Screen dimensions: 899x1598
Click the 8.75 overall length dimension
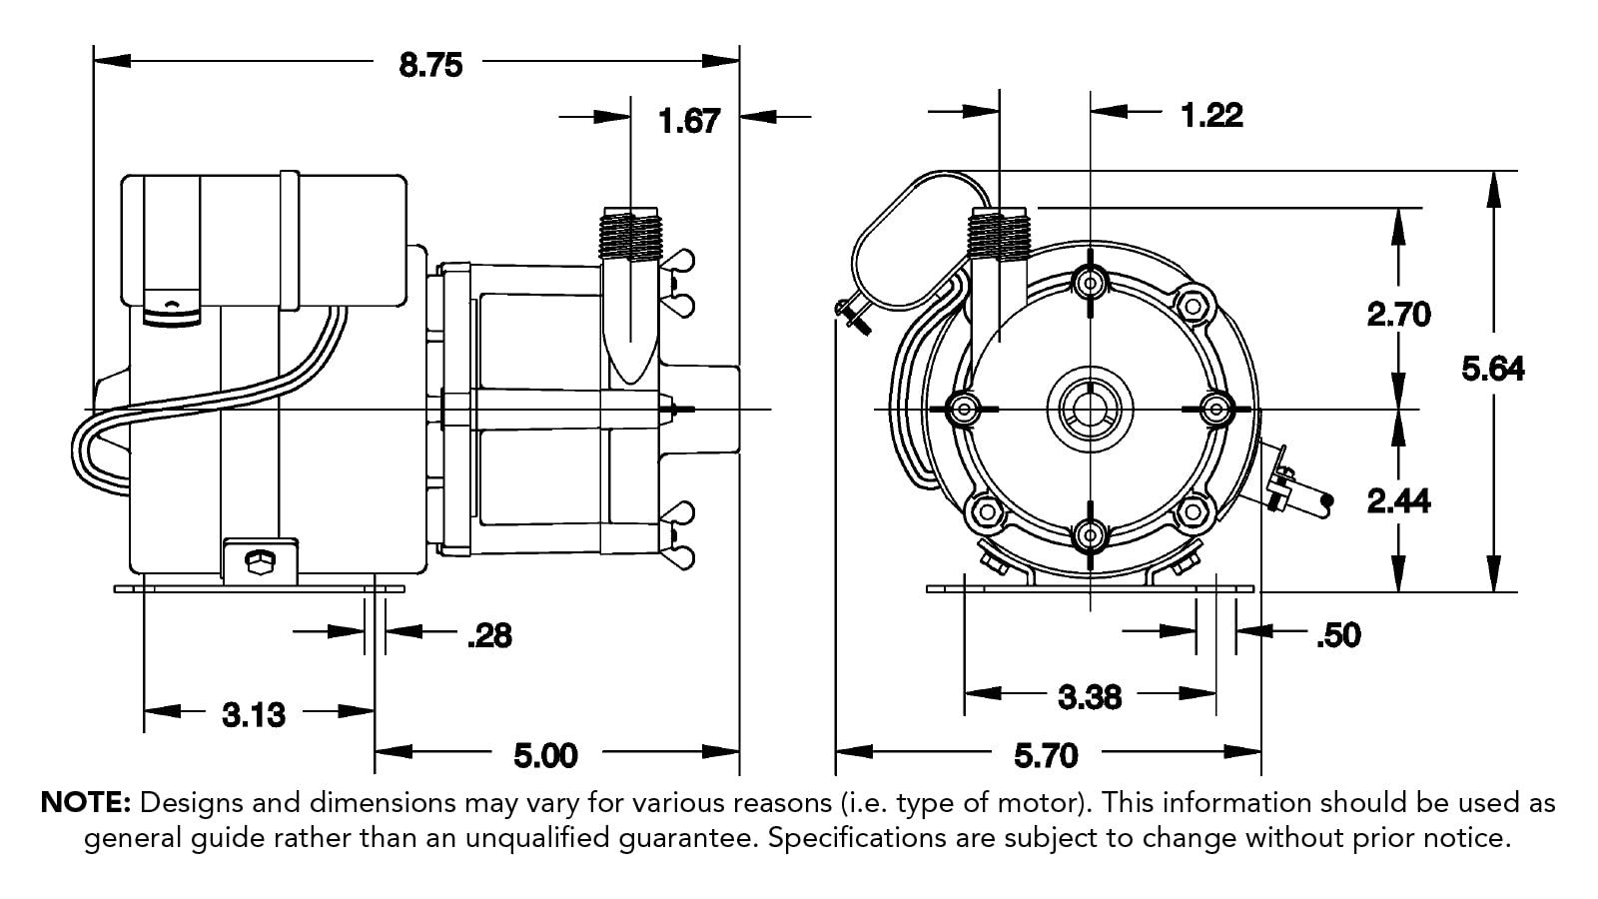coord(430,65)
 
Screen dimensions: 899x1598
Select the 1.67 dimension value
coord(689,121)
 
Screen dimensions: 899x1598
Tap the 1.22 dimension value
coord(1211,115)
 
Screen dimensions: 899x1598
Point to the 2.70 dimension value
coord(1398,315)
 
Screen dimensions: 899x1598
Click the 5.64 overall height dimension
coord(1493,369)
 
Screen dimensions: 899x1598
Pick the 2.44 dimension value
coord(1398,500)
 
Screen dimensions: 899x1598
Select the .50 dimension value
coord(1338,635)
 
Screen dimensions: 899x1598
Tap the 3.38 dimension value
coord(1090,696)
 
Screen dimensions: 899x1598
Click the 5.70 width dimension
coord(1046,755)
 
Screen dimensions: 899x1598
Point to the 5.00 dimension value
coord(545,755)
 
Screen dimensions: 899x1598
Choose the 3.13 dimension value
coord(254,714)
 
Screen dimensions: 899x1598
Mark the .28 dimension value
coord(489,635)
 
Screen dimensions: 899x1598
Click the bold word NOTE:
coord(86,803)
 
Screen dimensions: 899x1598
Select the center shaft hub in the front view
coord(1090,409)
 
